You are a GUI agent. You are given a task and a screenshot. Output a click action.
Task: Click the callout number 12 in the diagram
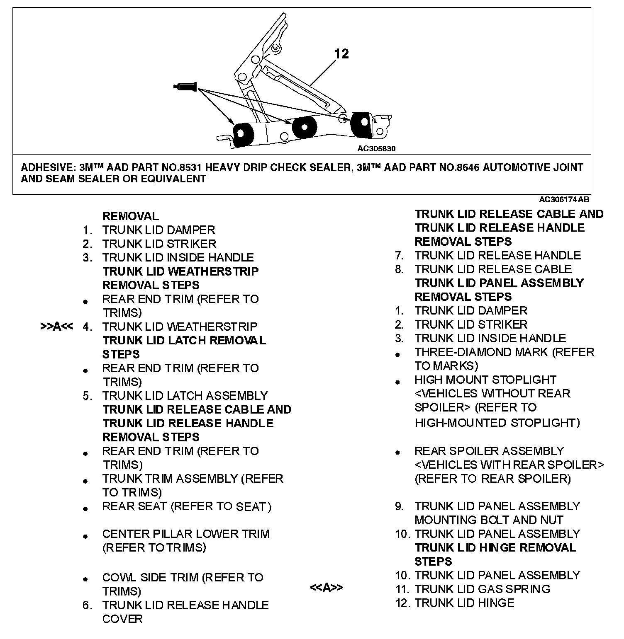pyautogui.click(x=341, y=54)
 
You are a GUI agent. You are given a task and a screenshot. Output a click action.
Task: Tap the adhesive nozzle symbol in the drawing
pyautogui.click(x=185, y=87)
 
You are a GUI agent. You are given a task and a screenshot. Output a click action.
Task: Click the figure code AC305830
pyautogui.click(x=376, y=148)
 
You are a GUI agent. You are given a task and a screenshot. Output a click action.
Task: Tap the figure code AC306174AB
pyautogui.click(x=564, y=200)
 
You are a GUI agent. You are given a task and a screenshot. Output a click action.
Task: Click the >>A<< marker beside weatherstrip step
pyautogui.click(x=57, y=327)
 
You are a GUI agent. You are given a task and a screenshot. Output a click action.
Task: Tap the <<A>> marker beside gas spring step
pyautogui.click(x=326, y=588)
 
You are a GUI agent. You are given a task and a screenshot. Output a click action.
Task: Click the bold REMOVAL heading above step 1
pyautogui.click(x=130, y=216)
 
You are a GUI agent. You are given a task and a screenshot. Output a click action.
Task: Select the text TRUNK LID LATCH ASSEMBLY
pyautogui.click(x=185, y=396)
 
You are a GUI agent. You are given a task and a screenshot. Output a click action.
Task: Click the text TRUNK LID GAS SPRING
pyautogui.click(x=482, y=589)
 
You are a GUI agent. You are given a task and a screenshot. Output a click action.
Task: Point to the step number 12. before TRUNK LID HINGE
pyautogui.click(x=402, y=603)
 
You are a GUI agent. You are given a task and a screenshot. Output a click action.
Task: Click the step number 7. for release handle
pyautogui.click(x=399, y=256)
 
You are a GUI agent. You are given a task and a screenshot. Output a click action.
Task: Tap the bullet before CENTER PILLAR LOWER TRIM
pyautogui.click(x=85, y=537)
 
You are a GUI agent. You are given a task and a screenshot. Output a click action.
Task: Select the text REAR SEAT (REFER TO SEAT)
pyautogui.click(x=187, y=507)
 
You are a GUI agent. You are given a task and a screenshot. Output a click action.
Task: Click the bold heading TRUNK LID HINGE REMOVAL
pyautogui.click(x=495, y=548)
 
